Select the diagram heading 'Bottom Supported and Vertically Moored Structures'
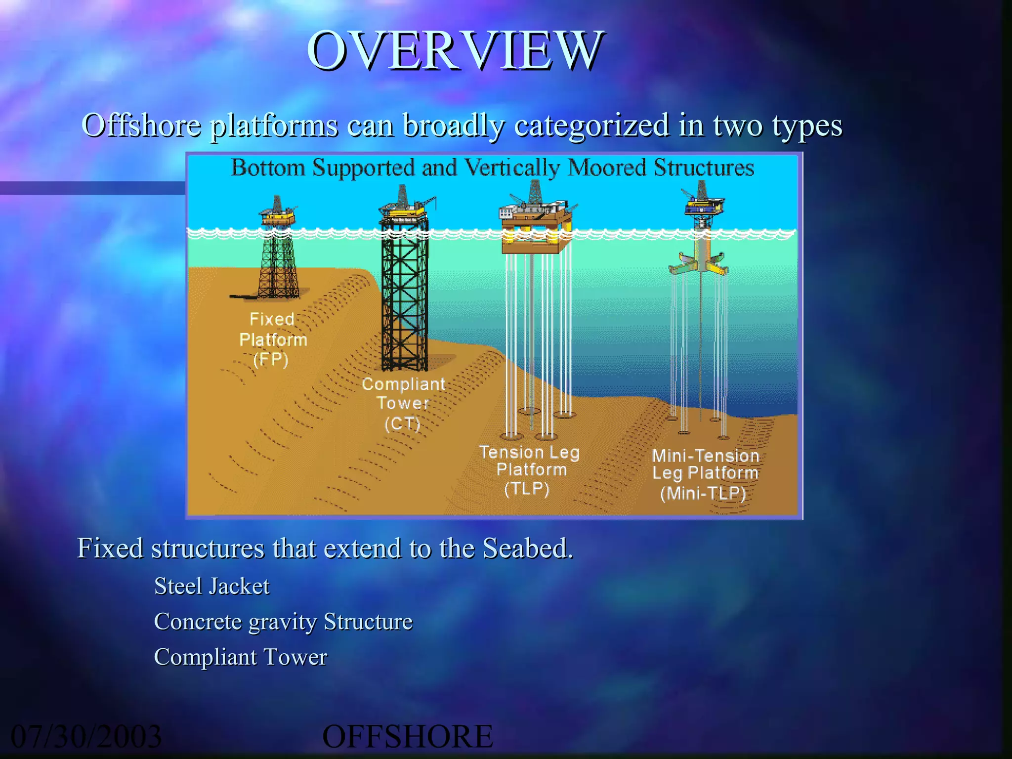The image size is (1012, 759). [x=492, y=168]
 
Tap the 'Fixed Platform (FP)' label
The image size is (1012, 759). [x=272, y=339]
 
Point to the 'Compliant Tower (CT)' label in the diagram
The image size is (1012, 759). [x=403, y=403]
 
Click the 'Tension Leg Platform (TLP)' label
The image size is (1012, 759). [x=529, y=469]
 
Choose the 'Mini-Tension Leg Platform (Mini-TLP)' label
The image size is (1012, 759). [x=705, y=473]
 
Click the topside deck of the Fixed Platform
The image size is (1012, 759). [x=278, y=216]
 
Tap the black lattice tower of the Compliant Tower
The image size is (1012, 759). [x=404, y=296]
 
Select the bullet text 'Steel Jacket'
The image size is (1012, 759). [x=211, y=586]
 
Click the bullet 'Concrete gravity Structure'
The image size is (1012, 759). [x=283, y=622]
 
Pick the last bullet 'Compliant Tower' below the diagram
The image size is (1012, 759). [x=241, y=657]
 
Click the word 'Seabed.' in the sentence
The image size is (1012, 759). [x=527, y=548]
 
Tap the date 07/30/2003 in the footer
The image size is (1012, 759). [x=86, y=736]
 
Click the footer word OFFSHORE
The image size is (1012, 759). [x=407, y=736]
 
